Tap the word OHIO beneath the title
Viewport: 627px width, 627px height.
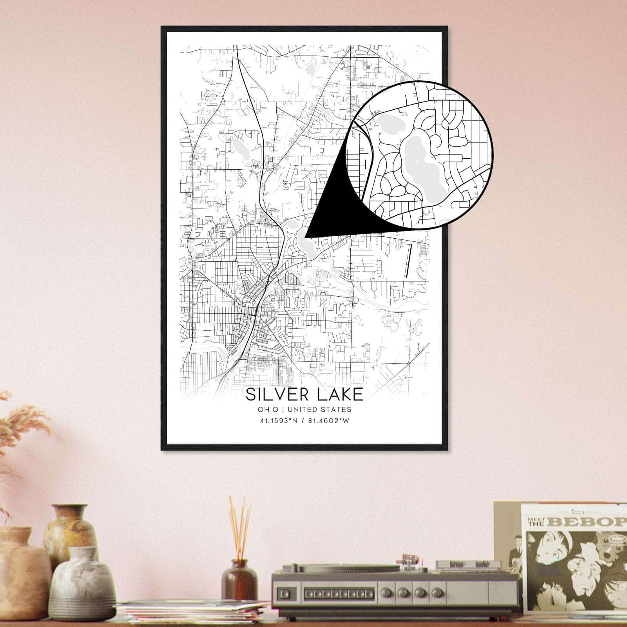(x=268, y=410)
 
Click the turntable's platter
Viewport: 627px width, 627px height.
(x=345, y=568)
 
